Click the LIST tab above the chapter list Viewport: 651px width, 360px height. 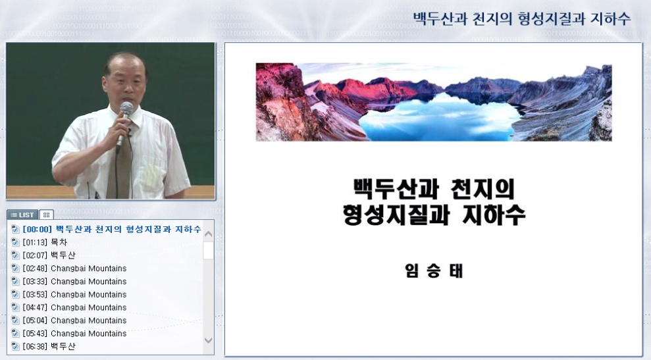[x=22, y=215]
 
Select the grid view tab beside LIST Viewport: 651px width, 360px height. [x=46, y=215]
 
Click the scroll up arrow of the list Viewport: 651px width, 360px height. [x=208, y=234]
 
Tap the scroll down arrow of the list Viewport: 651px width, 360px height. [x=208, y=340]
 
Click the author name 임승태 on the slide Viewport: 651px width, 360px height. [x=434, y=270]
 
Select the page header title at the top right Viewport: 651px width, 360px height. [x=521, y=18]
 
